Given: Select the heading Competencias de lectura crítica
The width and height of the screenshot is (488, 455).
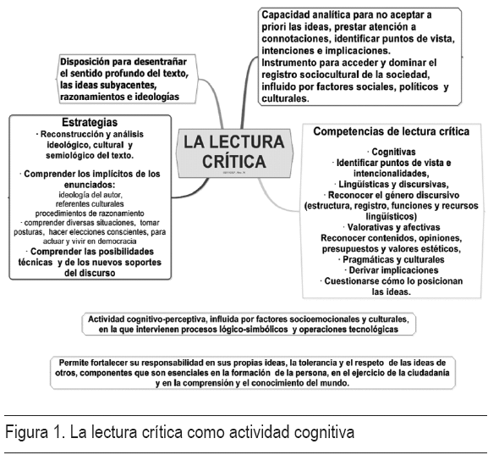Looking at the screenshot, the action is (x=391, y=131).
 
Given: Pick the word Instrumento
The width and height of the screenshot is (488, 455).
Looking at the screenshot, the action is (x=293, y=63).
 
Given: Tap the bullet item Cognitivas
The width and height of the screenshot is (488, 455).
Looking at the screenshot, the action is (x=392, y=151).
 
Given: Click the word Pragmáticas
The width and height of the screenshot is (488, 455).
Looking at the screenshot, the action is (x=369, y=259).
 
